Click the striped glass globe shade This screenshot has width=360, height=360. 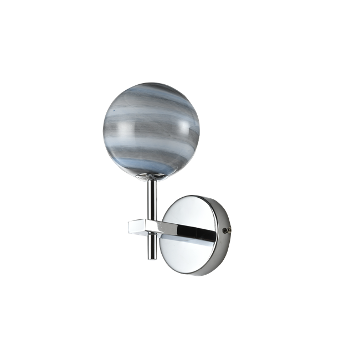[151, 131]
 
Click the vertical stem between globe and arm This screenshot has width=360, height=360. [151, 199]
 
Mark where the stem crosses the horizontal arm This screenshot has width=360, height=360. [151, 227]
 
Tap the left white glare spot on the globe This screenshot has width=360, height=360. [126, 130]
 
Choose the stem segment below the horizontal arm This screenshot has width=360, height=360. [151, 246]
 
